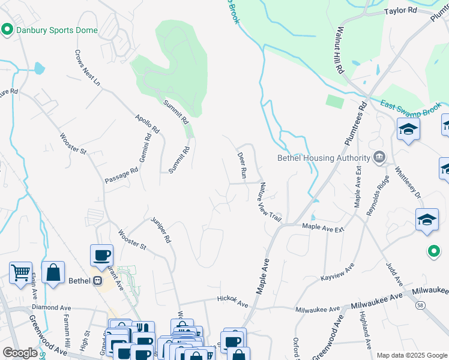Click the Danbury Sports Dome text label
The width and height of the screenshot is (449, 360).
click(56, 30)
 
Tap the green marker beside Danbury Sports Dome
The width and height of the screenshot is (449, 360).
click(8, 29)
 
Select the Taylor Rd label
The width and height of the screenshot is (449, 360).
click(400, 11)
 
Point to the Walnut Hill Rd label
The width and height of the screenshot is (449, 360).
click(340, 50)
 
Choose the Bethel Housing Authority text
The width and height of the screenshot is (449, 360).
click(323, 158)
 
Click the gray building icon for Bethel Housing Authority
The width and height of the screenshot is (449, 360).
click(379, 158)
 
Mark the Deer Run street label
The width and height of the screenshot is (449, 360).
click(242, 165)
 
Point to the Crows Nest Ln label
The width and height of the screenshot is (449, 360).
click(87, 68)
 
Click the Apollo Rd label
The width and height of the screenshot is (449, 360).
click(147, 124)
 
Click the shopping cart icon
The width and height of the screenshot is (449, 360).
click(20, 273)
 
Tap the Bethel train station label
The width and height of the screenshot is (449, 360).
click(79, 280)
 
